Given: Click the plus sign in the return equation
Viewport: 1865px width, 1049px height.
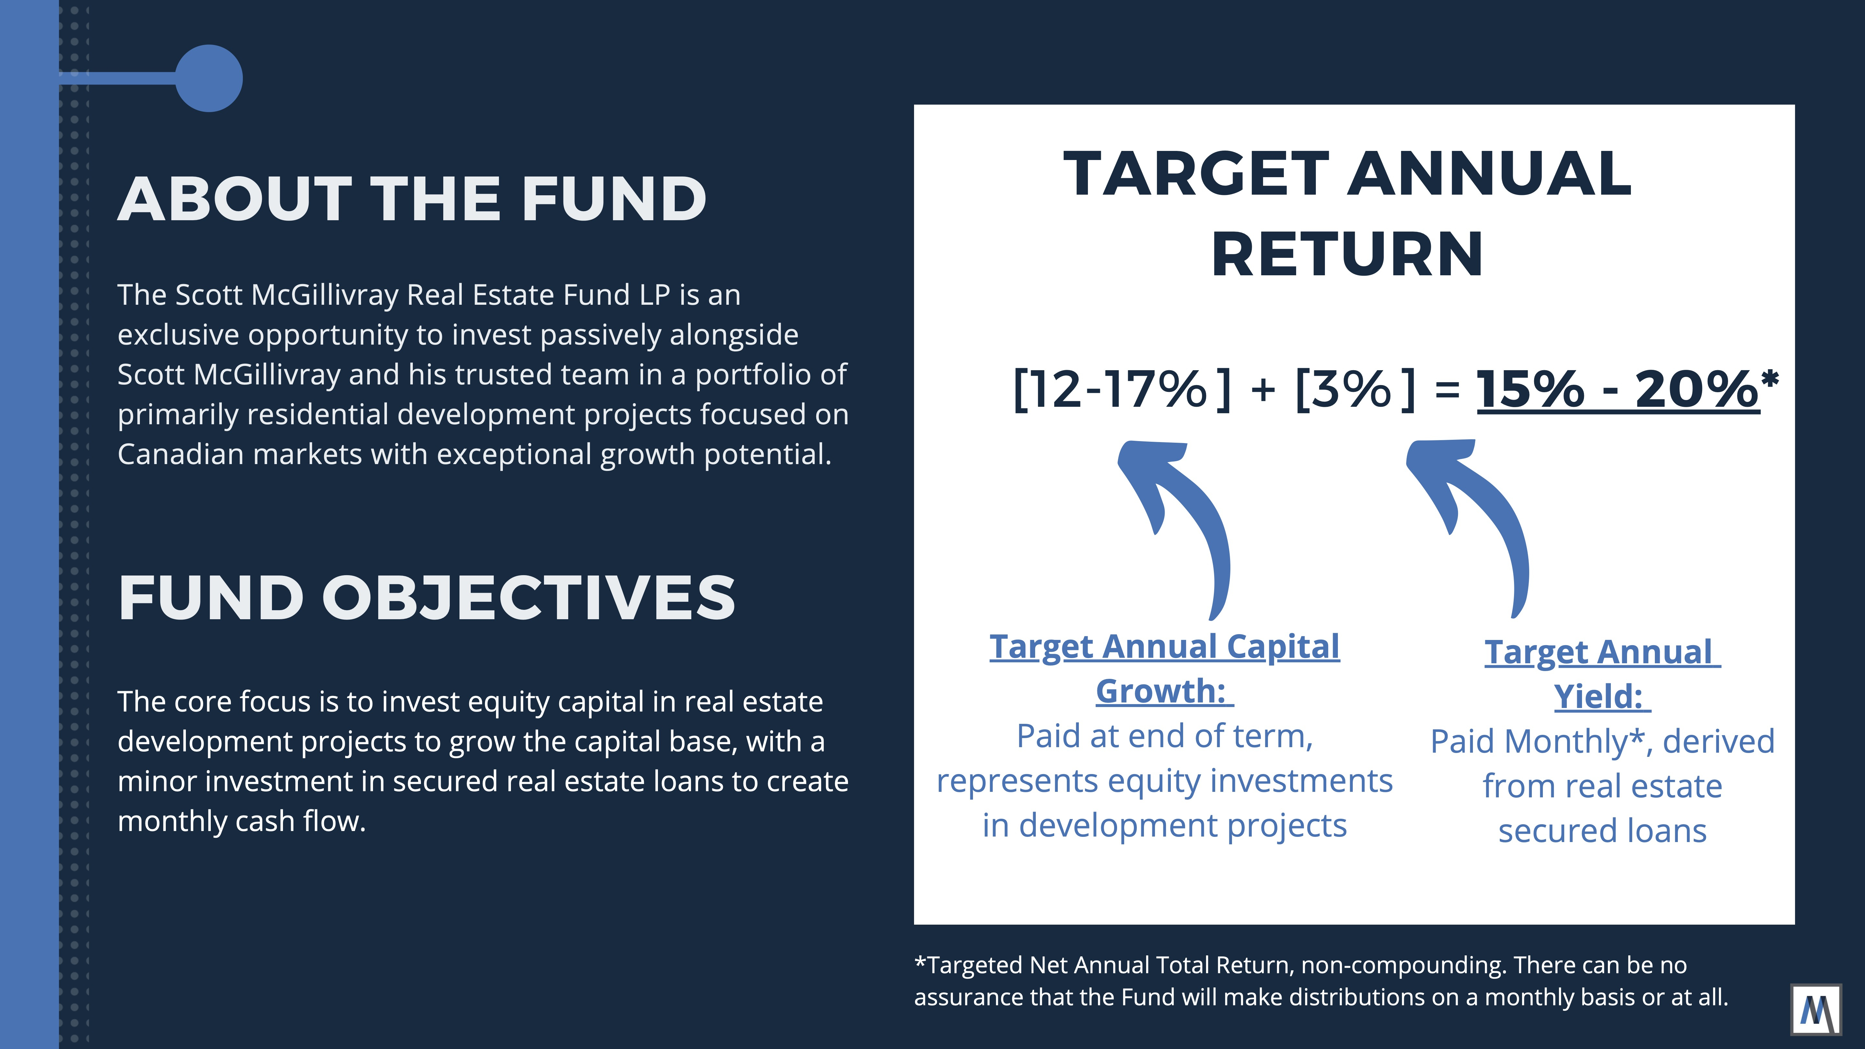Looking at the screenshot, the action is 1263,391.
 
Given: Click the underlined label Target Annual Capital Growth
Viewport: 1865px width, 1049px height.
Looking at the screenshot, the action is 1164,668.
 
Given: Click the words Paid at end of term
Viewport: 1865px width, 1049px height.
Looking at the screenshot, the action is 1164,736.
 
